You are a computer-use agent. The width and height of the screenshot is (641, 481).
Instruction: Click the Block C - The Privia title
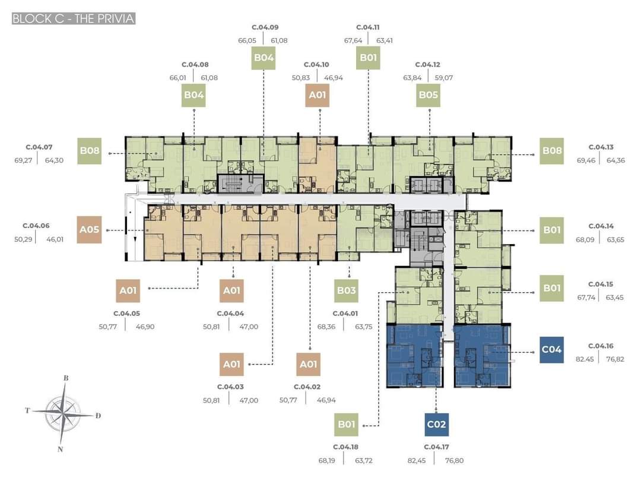[74, 18]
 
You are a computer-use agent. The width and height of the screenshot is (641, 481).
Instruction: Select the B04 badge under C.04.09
[264, 58]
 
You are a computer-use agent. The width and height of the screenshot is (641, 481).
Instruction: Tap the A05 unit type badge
[89, 229]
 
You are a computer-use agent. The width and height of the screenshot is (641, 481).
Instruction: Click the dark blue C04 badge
[551, 350]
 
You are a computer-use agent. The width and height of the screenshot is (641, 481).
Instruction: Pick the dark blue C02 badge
[436, 424]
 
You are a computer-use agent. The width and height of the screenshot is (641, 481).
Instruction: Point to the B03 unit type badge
[346, 290]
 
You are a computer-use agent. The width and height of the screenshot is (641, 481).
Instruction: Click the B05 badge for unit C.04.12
[428, 95]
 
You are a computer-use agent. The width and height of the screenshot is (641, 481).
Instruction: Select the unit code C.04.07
[39, 147]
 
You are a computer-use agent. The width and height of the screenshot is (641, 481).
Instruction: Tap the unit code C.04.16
[601, 346]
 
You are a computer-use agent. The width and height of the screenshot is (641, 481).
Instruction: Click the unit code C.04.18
[345, 447]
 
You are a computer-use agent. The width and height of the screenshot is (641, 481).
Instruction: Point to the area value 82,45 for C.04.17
[417, 461]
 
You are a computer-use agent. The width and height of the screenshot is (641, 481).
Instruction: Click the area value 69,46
[586, 160]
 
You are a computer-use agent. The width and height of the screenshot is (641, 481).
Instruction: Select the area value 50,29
[23, 239]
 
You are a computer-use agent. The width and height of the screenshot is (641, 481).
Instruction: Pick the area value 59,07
[443, 78]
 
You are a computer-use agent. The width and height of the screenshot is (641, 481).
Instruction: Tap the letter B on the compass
[66, 378]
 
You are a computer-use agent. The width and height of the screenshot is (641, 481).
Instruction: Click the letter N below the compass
[60, 449]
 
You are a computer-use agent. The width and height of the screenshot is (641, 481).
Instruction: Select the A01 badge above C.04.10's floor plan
[317, 95]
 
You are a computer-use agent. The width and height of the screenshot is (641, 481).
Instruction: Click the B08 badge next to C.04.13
[551, 151]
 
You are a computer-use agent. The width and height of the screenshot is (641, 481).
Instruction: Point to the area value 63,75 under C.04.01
[363, 327]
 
